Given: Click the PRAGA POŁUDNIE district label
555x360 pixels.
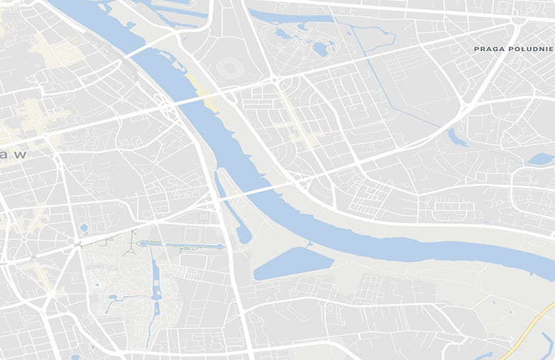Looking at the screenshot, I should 514,48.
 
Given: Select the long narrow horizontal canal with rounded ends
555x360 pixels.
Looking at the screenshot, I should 182,245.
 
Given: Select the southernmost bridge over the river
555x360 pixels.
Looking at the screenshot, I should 252,192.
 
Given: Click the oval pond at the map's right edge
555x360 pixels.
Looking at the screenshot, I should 541,159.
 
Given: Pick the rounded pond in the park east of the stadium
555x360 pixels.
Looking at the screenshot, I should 321,49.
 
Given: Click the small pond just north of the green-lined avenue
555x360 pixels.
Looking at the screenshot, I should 84,229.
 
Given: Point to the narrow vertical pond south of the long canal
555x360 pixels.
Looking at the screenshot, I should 155,284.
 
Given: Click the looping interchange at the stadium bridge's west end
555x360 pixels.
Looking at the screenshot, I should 167,109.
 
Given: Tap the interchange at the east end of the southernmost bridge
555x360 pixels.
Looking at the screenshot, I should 298,181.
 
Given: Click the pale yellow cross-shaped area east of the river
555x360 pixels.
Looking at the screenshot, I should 298,128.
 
